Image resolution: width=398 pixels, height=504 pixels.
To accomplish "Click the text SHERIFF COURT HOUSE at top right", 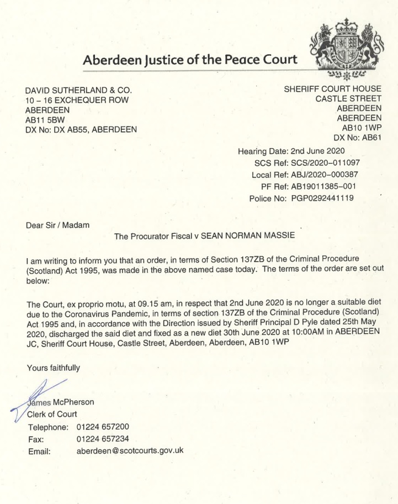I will pos(332,89).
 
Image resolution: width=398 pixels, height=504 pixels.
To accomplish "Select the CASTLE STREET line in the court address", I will pos(348,99).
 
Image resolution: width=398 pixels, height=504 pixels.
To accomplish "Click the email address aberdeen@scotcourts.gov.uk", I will pos(130,451).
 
